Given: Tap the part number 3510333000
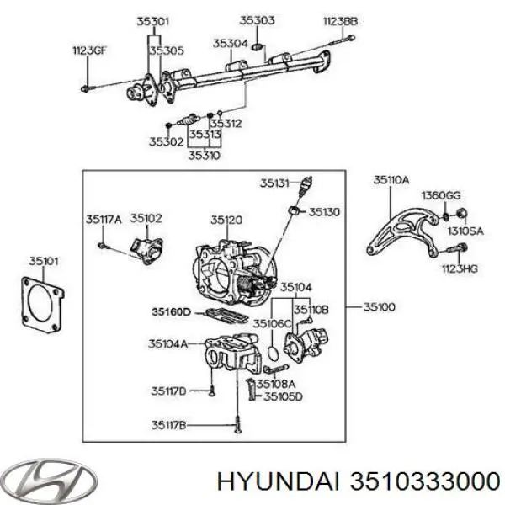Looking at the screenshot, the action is pos(425,482).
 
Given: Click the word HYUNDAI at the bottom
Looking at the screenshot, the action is pos(279,482).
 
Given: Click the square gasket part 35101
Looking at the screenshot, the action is pos(42,305).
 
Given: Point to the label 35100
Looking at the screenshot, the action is pos(379,307).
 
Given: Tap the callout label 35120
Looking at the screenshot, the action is pos(226,220).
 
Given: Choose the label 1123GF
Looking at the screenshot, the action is pos(89,50).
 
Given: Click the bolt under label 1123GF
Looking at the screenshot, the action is pos(86,88).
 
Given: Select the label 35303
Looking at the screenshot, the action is pos(257,20).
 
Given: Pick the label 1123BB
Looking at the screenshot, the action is pos(340,21).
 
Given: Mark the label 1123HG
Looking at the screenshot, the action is pos(460,269).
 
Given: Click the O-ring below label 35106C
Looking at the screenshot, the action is pos(273,353).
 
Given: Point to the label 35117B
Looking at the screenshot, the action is pos(169,425).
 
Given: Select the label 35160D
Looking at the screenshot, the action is pos(172,312).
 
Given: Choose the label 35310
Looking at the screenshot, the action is pos(205,156).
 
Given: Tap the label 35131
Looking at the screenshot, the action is pos(274,183).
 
